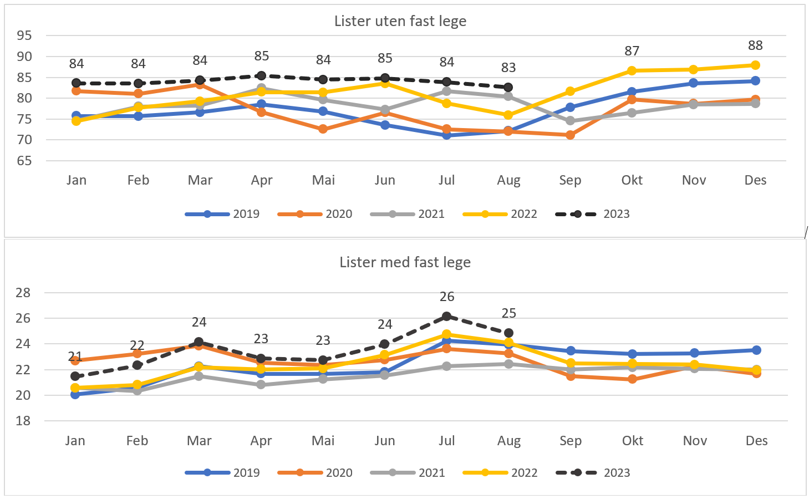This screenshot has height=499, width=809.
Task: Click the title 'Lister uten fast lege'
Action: click(400, 21)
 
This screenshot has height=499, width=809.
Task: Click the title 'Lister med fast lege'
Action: click(405, 262)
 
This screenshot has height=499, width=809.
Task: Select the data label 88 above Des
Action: click(755, 45)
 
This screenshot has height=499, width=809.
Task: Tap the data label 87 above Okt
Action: click(632, 51)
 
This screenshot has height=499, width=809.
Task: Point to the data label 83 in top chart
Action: click(508, 68)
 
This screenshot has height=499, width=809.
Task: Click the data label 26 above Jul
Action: click(447, 297)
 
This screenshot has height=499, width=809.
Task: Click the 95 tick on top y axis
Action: click(24, 35)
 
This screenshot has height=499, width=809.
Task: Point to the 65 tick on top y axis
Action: click(24, 161)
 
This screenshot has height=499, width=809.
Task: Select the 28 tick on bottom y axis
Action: click(23, 293)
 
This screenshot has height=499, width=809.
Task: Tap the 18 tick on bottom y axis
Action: click(23, 421)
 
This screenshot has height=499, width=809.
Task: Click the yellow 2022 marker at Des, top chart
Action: click(755, 65)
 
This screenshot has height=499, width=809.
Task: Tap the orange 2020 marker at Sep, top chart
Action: click(570, 135)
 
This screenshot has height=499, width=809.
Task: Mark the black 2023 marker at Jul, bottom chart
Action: click(446, 317)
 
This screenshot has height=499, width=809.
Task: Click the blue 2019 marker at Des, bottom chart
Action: click(756, 350)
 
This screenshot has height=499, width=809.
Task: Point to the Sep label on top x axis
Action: click(570, 180)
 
